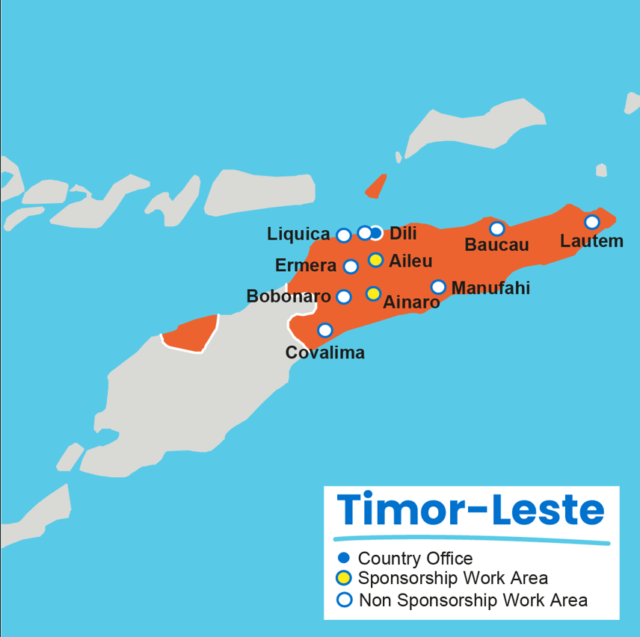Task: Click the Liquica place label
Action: pyautogui.click(x=298, y=234)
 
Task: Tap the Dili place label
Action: pyautogui.click(x=403, y=233)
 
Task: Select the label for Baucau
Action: pyautogui.click(x=496, y=245)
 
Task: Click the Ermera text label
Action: pyautogui.click(x=306, y=266)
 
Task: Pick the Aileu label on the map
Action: pyautogui.click(x=410, y=261)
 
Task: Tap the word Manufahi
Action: pyautogui.click(x=490, y=288)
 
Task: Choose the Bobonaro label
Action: pyautogui.click(x=289, y=296)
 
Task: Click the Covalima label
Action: pyautogui.click(x=325, y=352)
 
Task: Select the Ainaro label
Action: pyautogui.click(x=411, y=302)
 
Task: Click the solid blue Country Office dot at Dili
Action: pyautogui.click(x=375, y=233)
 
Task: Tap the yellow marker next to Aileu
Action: pyautogui.click(x=376, y=260)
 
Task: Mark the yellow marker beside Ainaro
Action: pyautogui.click(x=373, y=293)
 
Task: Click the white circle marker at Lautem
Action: pyautogui.click(x=591, y=222)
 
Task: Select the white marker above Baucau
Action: pyautogui.click(x=496, y=229)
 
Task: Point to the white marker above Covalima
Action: pyautogui.click(x=324, y=330)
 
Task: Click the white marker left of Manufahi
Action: pyautogui.click(x=438, y=287)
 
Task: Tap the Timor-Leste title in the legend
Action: pyautogui.click(x=470, y=510)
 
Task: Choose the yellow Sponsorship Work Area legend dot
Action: pyautogui.click(x=344, y=578)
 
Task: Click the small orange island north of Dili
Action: pyautogui.click(x=377, y=187)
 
